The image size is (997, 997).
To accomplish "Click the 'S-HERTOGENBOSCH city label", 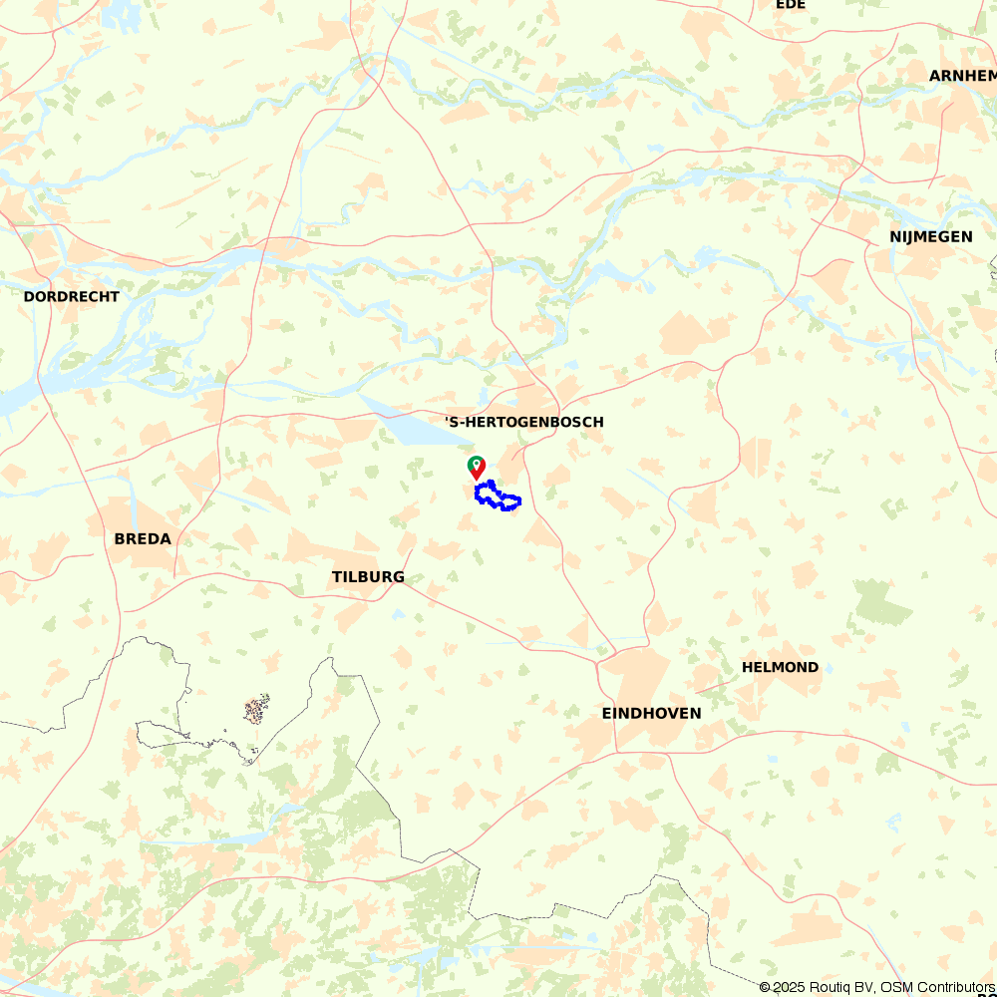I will (524, 422).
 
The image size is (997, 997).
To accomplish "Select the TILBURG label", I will (368, 577).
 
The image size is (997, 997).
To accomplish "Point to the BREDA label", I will (143, 538).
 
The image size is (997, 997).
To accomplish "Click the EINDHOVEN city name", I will (651, 713).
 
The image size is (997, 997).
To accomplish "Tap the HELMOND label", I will (780, 667).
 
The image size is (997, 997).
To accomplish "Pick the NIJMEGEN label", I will (930, 236).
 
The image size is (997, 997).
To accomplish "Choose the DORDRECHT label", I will (71, 296).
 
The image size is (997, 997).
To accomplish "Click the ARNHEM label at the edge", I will (962, 76).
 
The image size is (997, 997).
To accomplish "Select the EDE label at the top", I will (790, 5).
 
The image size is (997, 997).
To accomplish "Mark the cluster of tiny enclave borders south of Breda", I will (256, 710).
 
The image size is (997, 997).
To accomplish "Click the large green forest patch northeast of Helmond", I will (882, 603).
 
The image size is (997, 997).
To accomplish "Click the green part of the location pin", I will (477, 461).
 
